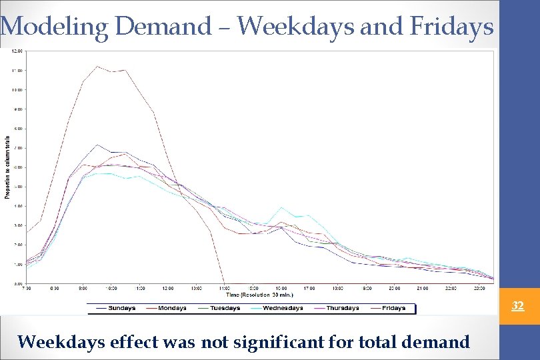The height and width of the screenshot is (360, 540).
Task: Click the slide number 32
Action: (517, 306)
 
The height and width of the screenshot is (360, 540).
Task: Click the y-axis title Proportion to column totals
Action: (7, 167)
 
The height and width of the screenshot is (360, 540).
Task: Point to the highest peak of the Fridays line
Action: (97, 66)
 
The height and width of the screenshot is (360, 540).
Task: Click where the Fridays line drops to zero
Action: (223, 282)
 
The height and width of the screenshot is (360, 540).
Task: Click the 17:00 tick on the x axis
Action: (310, 288)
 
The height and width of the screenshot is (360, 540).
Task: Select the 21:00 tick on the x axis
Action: (423, 288)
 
